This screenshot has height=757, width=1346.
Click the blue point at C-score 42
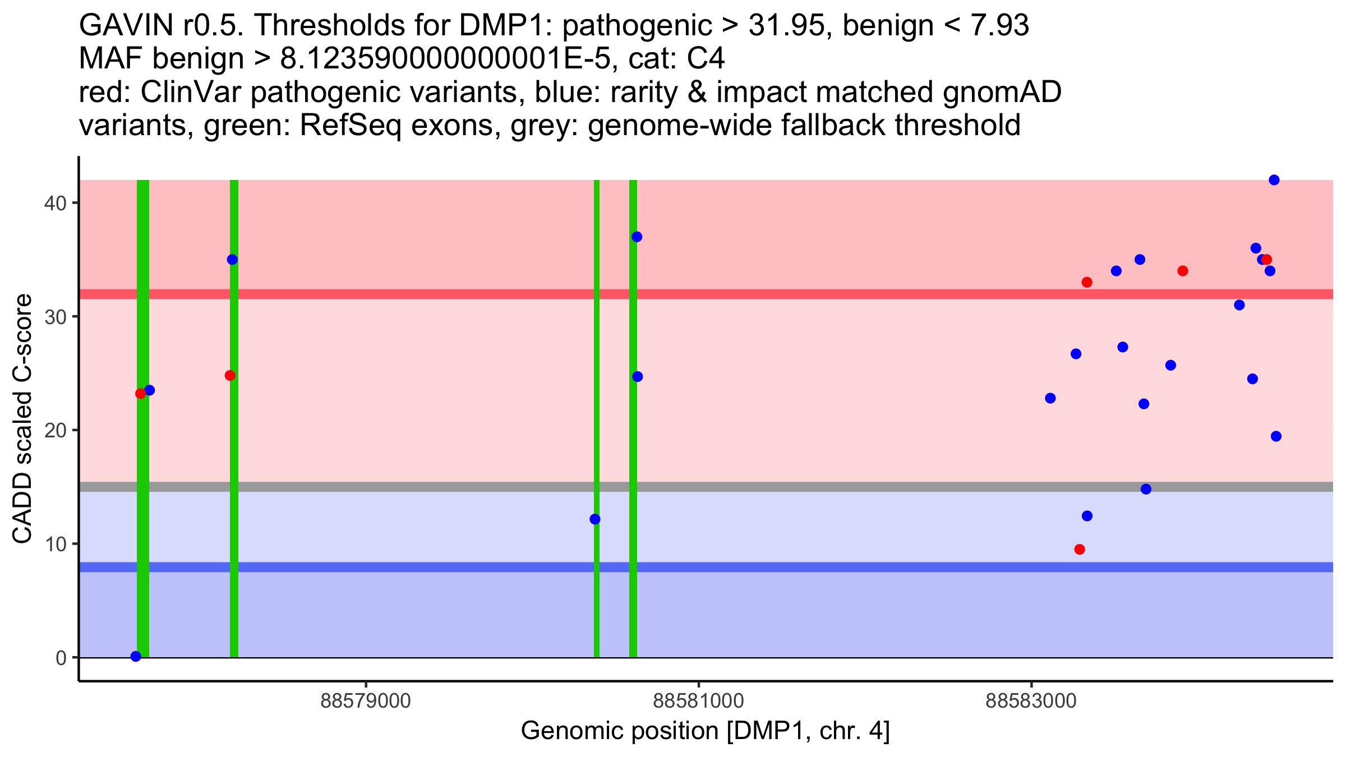(x=1274, y=180)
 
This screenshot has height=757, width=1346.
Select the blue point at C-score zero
(x=136, y=656)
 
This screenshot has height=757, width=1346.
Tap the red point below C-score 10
(x=1080, y=549)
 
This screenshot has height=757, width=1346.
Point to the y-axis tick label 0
(x=61, y=658)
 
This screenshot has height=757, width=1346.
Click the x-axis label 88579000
(x=366, y=701)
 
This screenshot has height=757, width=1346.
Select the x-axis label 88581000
(x=698, y=701)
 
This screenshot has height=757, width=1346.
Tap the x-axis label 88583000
(x=1031, y=701)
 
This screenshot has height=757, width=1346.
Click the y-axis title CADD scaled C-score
(x=22, y=419)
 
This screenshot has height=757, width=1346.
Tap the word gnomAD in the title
(x=1002, y=93)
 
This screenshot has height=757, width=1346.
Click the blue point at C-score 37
(x=637, y=237)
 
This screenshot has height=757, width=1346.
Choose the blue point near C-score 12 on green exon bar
(x=595, y=519)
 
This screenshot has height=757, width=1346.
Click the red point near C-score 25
(x=230, y=375)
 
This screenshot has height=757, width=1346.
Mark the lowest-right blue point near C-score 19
(x=1276, y=436)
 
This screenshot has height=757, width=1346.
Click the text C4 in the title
(x=706, y=59)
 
